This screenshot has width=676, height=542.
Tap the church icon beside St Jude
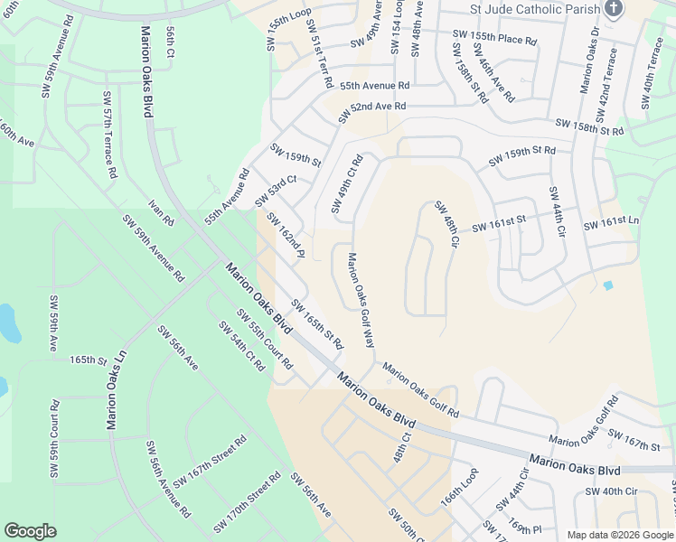click(614, 10)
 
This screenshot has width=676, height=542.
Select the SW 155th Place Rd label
click(494, 39)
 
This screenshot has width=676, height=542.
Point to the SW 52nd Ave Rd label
click(372, 113)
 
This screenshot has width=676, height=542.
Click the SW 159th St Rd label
click(521, 155)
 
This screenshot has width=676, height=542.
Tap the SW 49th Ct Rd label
click(346, 184)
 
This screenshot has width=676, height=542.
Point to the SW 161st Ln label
click(611, 223)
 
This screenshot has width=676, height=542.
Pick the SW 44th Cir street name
click(555, 213)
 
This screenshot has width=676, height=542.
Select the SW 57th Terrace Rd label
click(109, 134)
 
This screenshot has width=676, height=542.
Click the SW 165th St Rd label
click(317, 324)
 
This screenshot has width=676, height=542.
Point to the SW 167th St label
click(634, 440)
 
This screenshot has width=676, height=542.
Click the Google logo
click(30, 531)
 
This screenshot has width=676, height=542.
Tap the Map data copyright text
click(620, 535)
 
